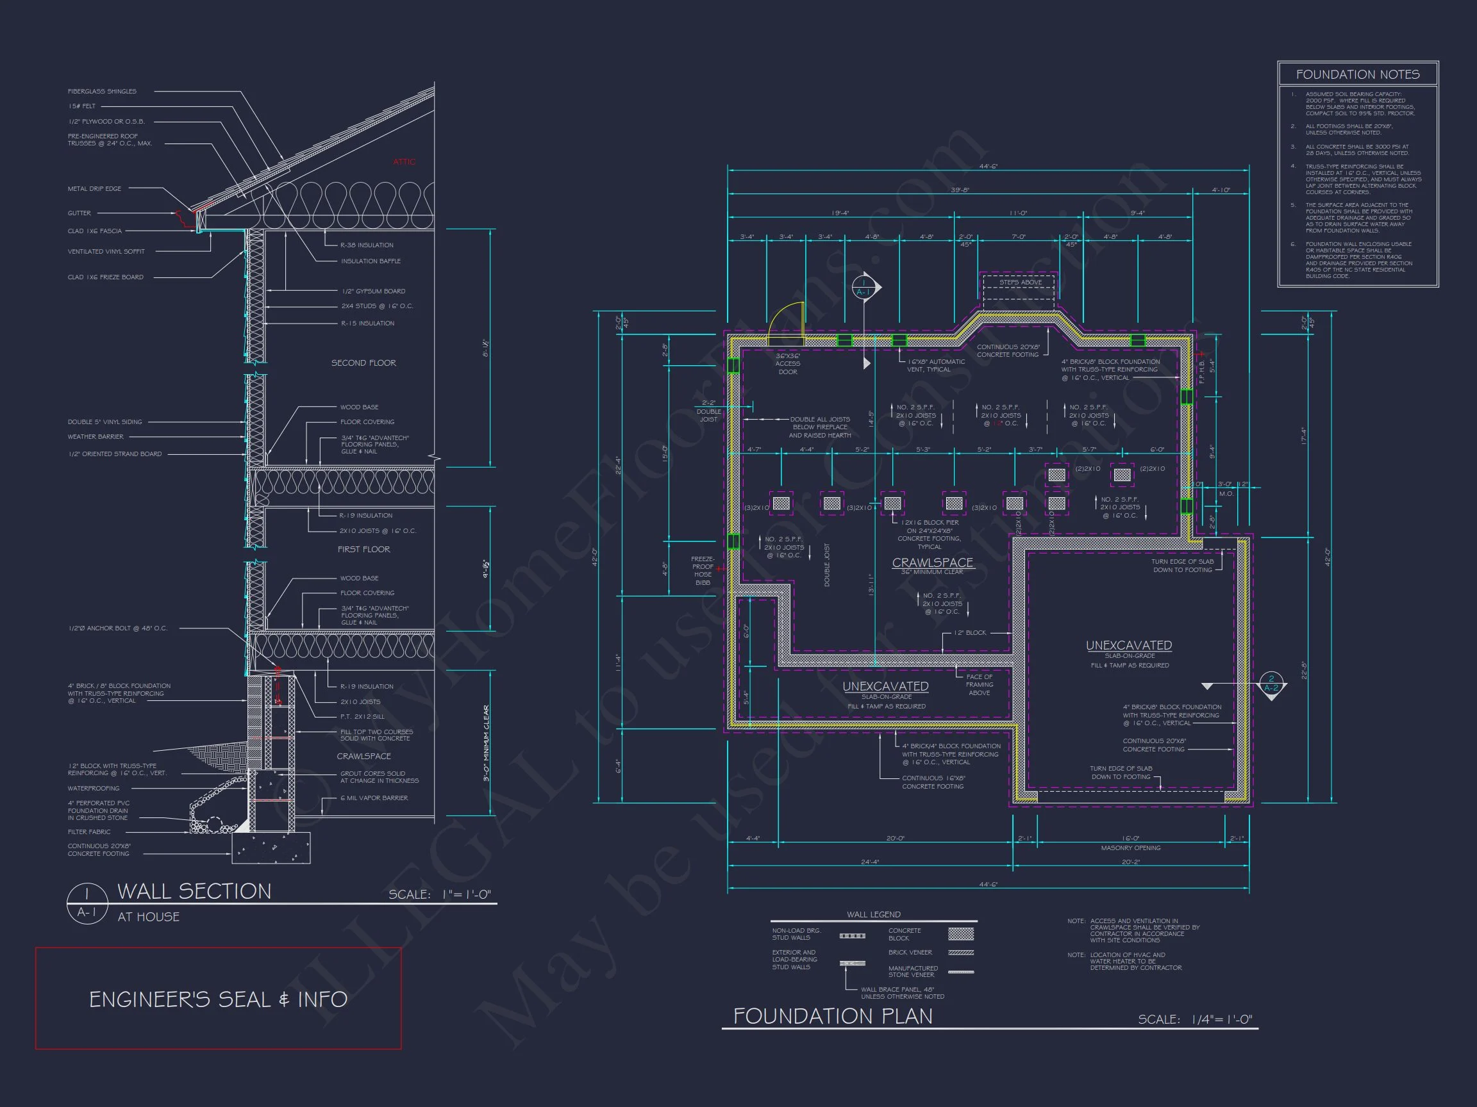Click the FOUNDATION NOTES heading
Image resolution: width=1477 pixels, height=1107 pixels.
point(1358,75)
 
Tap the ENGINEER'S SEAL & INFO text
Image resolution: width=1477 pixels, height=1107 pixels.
point(219,999)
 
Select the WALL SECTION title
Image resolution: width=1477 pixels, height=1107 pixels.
point(194,892)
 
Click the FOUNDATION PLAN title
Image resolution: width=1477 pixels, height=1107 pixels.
point(833,1016)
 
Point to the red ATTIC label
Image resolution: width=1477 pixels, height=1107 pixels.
point(404,162)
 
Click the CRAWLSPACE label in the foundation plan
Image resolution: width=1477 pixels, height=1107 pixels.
point(932,562)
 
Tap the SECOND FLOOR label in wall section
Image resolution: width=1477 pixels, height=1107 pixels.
point(363,363)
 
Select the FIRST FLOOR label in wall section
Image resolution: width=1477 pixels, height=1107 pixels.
point(363,549)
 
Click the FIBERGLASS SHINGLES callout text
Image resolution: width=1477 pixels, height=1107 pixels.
point(101,92)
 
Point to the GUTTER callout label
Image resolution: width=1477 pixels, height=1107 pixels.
point(79,213)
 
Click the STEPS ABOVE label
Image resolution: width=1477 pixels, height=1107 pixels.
point(1021,283)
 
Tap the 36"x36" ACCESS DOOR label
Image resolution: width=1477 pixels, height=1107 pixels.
point(788,364)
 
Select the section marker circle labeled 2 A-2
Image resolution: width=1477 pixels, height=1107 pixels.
point(1271,684)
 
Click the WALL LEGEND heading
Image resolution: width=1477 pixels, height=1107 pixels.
point(873,915)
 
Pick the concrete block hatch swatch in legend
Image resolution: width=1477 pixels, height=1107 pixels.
point(961,933)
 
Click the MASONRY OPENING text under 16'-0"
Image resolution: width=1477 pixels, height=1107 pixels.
point(1130,848)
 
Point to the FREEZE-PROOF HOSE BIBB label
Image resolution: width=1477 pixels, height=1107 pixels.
point(703,571)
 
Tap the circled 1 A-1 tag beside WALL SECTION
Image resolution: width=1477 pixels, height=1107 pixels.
point(87,903)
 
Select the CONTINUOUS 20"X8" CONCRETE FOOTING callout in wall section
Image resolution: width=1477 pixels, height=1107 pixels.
point(99,849)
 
